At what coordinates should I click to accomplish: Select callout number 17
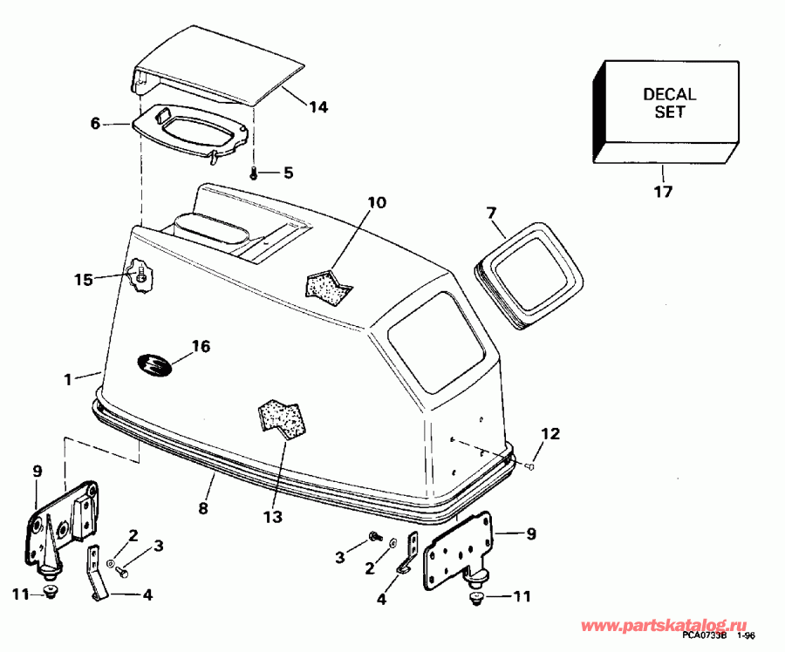[663, 191]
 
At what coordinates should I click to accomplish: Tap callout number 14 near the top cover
[318, 107]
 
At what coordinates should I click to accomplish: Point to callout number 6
[96, 124]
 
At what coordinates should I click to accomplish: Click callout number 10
[375, 204]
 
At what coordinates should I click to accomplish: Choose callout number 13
[272, 517]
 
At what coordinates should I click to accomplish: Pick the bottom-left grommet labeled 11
[50, 593]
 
